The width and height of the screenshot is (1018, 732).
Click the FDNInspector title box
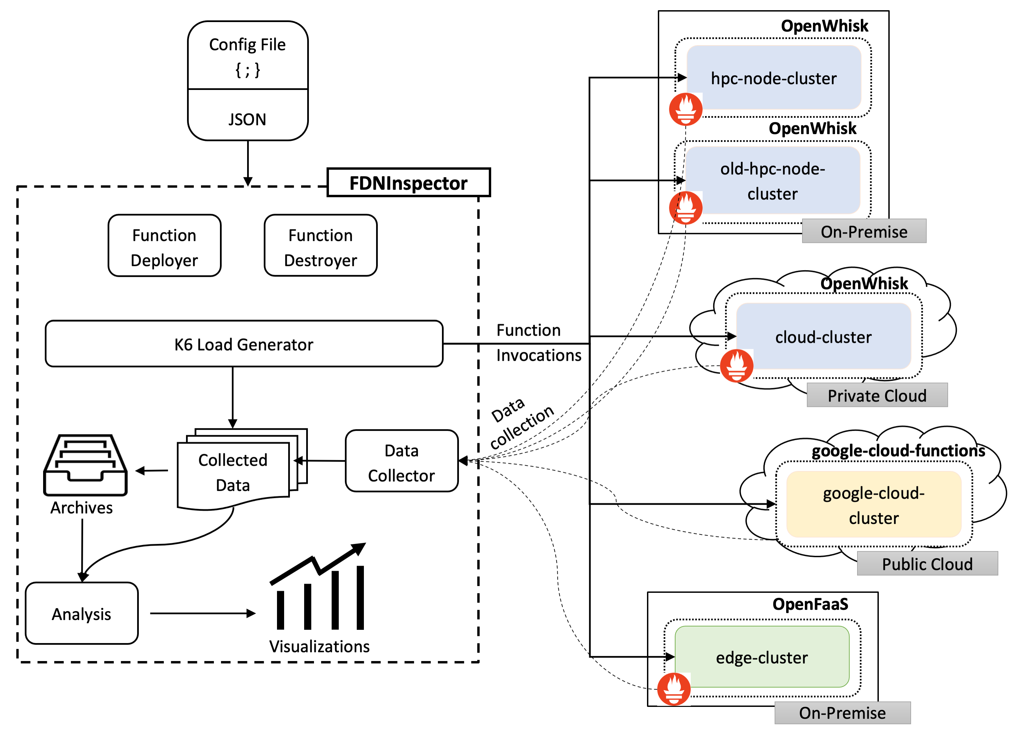(408, 183)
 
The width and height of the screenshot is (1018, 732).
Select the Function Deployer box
(164, 245)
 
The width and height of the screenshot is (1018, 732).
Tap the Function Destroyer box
(320, 245)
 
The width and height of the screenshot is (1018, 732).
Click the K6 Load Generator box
(244, 344)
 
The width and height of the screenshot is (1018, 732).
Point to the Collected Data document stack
(234, 471)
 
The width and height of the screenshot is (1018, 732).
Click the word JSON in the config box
(247, 119)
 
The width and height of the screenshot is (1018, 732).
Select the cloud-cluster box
(823, 337)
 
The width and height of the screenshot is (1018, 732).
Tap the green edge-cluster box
(762, 657)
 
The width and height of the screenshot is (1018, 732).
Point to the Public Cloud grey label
(927, 564)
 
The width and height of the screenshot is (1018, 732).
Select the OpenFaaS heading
(810, 604)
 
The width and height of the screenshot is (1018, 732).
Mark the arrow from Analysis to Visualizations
(202, 614)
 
